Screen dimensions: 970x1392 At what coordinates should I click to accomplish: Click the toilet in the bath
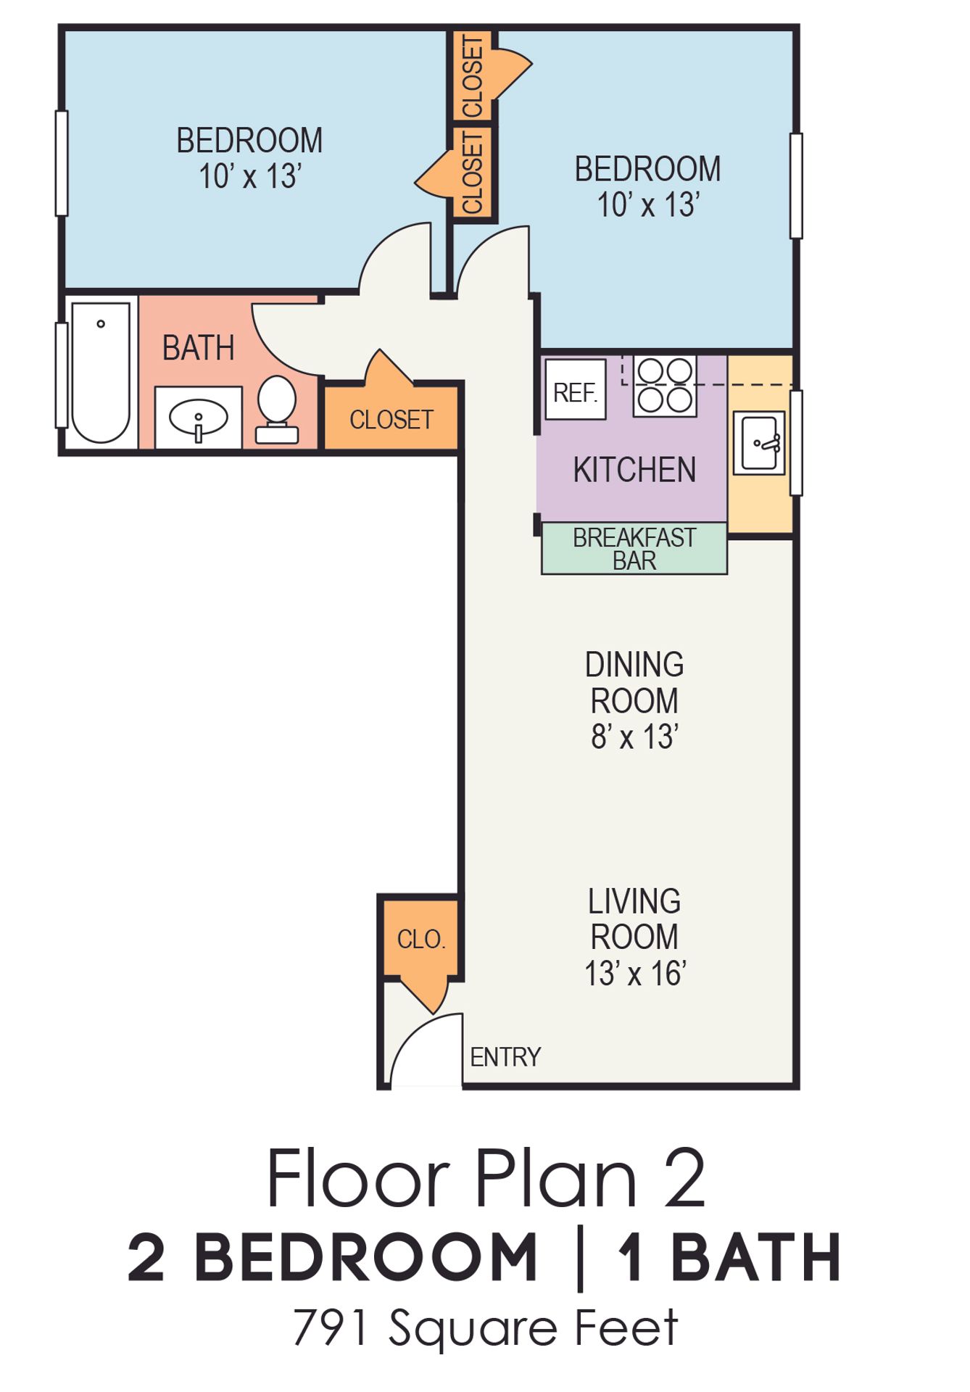(276, 409)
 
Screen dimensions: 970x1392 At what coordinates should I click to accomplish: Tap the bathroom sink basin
(198, 418)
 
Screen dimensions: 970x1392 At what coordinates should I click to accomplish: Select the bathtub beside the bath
(101, 372)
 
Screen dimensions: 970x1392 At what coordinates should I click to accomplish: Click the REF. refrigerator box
(576, 389)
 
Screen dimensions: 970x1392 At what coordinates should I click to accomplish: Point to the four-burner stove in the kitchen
(665, 385)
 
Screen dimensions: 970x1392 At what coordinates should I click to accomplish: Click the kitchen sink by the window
(759, 443)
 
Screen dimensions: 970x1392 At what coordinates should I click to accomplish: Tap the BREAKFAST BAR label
(634, 549)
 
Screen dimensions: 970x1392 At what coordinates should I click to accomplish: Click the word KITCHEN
(634, 470)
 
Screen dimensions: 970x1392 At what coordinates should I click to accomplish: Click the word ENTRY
(505, 1057)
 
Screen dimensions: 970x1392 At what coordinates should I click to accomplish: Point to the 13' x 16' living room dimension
(635, 974)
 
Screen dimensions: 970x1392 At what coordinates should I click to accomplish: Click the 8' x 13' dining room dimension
(634, 737)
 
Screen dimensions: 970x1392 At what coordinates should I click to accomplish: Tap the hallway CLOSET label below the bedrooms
(391, 419)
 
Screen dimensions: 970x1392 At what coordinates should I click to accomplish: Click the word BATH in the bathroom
(198, 348)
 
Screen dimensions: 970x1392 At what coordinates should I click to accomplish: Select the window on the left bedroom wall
(62, 163)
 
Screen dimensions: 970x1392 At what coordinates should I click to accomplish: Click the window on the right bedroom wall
(796, 186)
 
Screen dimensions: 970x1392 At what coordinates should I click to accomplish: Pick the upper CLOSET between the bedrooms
(472, 75)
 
